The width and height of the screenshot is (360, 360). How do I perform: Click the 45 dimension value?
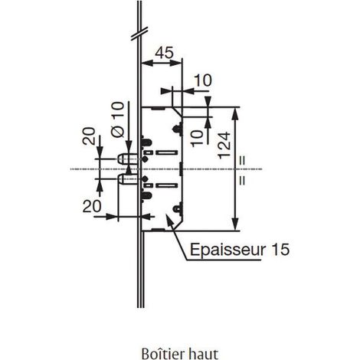coord(165,53)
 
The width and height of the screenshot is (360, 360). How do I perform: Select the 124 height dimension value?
coord(224,146)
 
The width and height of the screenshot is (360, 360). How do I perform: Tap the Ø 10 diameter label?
coord(118,119)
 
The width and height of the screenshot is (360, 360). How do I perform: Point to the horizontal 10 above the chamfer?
coord(203,80)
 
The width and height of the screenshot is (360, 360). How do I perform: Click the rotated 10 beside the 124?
coord(198,138)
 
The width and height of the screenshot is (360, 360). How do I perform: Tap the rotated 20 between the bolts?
coord(89,136)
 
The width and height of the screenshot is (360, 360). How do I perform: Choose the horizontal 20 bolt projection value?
coord(92,206)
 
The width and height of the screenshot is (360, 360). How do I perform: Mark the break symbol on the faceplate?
coord(139,33)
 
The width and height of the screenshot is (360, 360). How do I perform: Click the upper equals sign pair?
coord(242,161)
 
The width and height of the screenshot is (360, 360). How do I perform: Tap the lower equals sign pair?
coord(242,180)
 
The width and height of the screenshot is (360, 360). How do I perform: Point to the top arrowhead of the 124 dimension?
coord(236,113)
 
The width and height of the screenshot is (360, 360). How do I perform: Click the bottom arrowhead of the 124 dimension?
coord(236,224)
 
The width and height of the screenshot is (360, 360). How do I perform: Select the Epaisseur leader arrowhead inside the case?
coord(169,220)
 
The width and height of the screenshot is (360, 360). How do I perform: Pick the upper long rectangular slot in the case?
coord(167,152)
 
